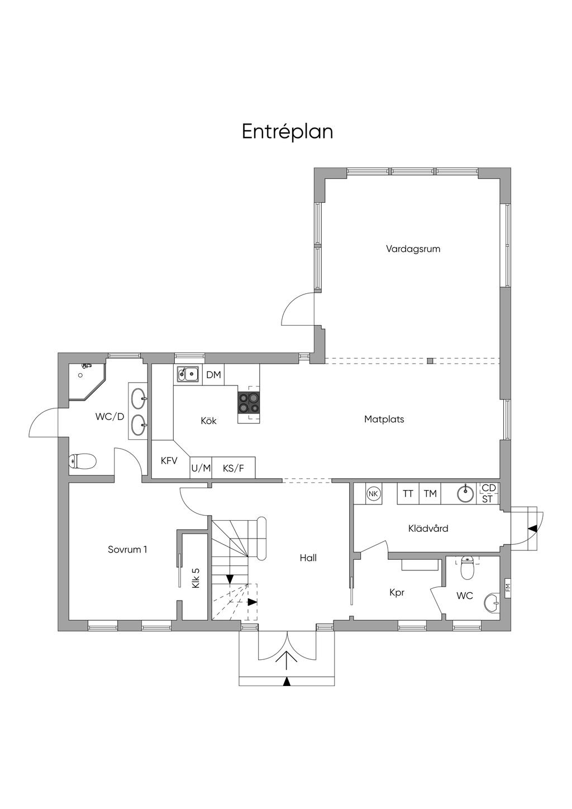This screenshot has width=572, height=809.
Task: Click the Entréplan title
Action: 288,132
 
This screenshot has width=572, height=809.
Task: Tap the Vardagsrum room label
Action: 413,249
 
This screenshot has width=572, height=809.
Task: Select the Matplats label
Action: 384,420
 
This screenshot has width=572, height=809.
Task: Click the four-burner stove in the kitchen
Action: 249,403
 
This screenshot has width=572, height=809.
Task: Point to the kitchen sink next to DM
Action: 188,374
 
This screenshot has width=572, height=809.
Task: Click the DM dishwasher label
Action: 213,375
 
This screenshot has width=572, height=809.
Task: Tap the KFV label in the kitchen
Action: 169,461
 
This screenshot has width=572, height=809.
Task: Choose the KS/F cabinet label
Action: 233,468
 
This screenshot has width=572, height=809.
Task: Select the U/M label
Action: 201,468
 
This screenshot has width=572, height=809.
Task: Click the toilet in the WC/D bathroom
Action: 82,461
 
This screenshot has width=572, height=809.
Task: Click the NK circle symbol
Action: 373,494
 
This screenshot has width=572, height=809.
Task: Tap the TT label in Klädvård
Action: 408,494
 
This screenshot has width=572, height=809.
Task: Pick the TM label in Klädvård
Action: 430,494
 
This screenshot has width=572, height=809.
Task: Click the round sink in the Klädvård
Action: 465,494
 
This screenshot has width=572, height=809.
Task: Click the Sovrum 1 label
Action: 127,550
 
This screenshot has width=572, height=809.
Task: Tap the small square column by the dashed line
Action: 430,360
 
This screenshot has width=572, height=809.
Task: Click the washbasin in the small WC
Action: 492,602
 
